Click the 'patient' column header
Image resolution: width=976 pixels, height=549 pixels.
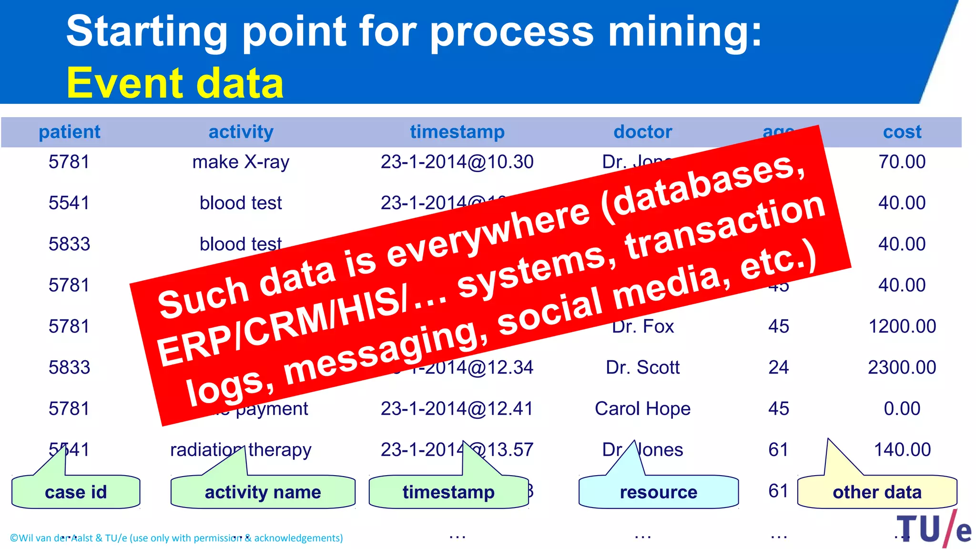coord(70,132)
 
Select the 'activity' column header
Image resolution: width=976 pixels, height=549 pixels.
coord(241,132)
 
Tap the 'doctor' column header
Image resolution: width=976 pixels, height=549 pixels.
coord(642,132)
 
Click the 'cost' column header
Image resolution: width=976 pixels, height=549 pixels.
coord(902,132)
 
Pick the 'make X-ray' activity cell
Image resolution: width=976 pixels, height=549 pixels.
coord(241,163)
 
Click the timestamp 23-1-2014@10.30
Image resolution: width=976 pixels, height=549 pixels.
coord(457,162)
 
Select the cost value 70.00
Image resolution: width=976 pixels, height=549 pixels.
coord(902,162)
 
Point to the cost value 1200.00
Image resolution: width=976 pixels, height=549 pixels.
coord(902,326)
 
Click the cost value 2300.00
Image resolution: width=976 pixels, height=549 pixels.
coord(902,367)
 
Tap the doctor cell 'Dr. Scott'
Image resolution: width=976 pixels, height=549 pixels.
coord(642,367)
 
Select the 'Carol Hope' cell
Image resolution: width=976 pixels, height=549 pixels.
coord(642,409)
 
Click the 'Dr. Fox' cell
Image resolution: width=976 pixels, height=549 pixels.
coord(643,326)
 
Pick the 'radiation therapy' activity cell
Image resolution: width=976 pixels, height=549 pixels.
coord(241,450)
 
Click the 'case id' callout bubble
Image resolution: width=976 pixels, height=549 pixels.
coord(76,492)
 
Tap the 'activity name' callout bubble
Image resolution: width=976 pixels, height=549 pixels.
coord(263,492)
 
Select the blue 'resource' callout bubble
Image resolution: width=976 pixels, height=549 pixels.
coord(659,492)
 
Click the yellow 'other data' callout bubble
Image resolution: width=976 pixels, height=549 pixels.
coord(877,492)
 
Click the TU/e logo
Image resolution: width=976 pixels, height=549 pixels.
coord(934,529)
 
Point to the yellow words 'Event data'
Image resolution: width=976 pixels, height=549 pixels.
coord(175,83)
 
